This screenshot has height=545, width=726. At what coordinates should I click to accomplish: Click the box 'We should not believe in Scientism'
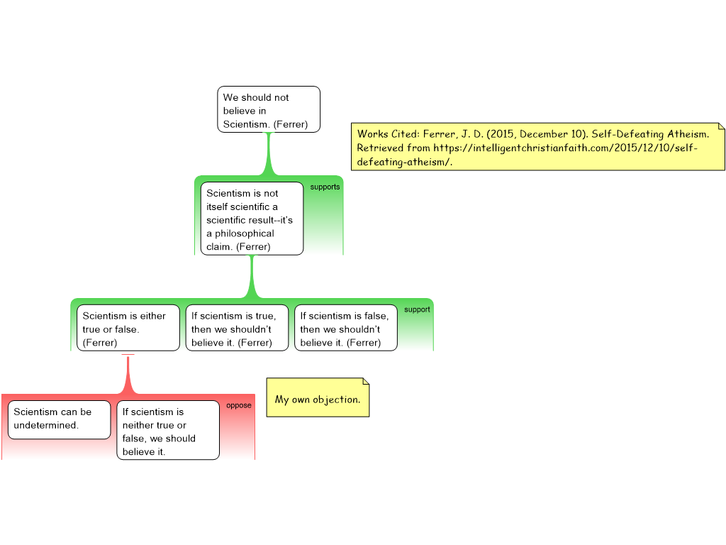[269, 109]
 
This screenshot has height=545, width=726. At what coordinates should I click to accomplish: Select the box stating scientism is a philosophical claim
[252, 219]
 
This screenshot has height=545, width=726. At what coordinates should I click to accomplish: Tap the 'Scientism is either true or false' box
[128, 328]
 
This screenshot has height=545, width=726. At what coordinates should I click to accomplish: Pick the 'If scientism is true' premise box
[237, 328]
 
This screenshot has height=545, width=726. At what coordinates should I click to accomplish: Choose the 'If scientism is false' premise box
[346, 328]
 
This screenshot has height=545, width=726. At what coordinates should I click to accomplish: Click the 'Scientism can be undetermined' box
[60, 420]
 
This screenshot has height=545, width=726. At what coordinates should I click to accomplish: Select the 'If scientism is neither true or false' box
[168, 430]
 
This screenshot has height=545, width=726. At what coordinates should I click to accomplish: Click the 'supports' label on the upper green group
[325, 187]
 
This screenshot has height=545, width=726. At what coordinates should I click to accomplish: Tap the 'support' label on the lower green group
[417, 309]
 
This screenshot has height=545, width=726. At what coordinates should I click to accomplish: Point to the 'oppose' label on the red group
[239, 405]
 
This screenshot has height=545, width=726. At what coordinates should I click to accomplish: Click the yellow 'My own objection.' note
[318, 397]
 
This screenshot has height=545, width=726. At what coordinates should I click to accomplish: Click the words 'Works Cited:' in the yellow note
[388, 134]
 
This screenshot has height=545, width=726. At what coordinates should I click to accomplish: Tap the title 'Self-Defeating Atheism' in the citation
[649, 134]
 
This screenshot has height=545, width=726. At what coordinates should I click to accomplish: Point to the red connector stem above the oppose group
[128, 375]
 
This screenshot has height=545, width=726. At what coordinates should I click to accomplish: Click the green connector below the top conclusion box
[269, 154]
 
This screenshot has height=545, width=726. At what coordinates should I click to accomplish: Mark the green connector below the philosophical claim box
[252, 277]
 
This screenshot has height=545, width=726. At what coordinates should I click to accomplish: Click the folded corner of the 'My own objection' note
[366, 381]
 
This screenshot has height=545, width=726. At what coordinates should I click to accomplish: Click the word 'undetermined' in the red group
[46, 425]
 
